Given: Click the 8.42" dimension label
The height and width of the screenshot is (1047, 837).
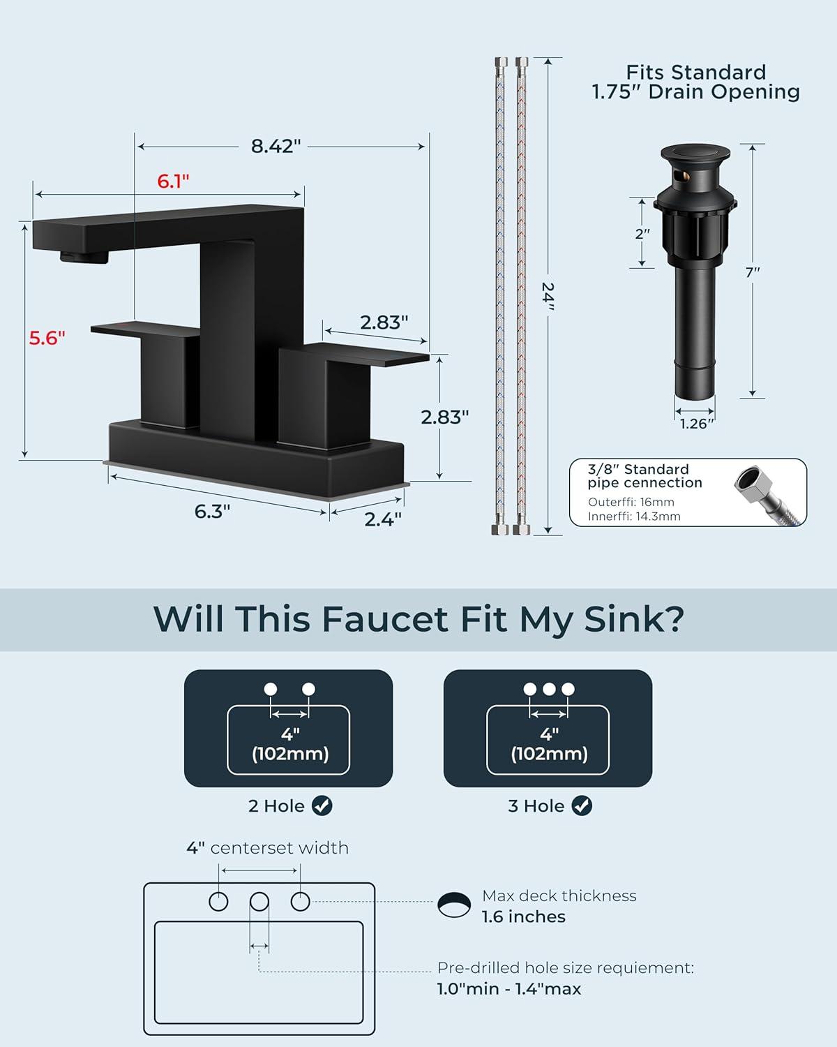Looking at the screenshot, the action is pyautogui.click(x=276, y=146).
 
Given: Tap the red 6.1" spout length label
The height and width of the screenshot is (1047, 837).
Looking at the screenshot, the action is pyautogui.click(x=173, y=181).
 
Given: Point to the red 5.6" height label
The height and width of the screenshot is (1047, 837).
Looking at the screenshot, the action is pyautogui.click(x=47, y=338).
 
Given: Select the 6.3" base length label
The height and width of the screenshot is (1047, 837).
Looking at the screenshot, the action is pyautogui.click(x=212, y=512).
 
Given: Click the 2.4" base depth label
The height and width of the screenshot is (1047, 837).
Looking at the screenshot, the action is pyautogui.click(x=383, y=519).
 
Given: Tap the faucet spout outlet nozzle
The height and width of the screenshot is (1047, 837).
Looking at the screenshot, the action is pyautogui.click(x=84, y=257).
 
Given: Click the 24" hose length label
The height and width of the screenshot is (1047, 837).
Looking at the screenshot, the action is pyautogui.click(x=548, y=296).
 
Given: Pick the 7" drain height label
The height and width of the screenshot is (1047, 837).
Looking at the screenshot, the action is pyautogui.click(x=753, y=272).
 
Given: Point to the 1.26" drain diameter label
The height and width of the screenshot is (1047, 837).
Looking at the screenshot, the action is pyautogui.click(x=696, y=424).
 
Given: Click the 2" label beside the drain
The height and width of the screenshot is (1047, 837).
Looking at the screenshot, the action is pyautogui.click(x=642, y=234).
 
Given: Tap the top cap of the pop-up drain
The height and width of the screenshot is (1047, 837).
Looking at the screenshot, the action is pyautogui.click(x=695, y=152).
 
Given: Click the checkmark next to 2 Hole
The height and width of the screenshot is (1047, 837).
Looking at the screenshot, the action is pyautogui.click(x=322, y=805).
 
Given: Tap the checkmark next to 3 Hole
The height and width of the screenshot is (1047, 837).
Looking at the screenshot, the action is pyautogui.click(x=582, y=805).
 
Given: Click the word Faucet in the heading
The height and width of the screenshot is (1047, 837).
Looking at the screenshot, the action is pyautogui.click(x=385, y=619).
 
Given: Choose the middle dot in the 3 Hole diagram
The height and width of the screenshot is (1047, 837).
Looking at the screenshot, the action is pyautogui.click(x=549, y=689).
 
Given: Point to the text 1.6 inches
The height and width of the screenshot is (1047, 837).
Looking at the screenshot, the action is pyautogui.click(x=524, y=916).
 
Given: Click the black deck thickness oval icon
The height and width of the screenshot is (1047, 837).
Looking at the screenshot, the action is pyautogui.click(x=454, y=905).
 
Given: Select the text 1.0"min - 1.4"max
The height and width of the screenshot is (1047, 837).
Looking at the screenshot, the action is pyautogui.click(x=509, y=988).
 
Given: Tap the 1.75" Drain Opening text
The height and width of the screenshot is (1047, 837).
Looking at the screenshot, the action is pyautogui.click(x=696, y=91).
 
